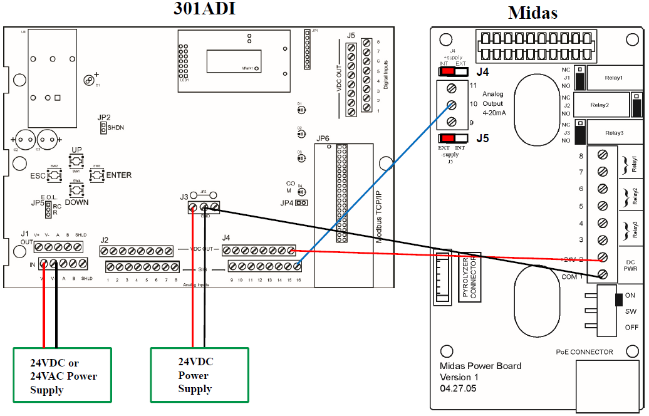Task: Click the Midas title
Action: coord(532,13)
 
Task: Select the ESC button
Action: coord(54,175)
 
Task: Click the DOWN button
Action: coord(76,190)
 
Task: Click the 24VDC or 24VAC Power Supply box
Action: coord(63,375)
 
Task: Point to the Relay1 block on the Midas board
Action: coord(613,78)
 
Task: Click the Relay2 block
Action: coord(600,105)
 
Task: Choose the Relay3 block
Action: coord(613,132)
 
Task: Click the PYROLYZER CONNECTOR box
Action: coord(470,278)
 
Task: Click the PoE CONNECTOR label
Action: coord(584,352)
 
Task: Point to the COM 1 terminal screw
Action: coord(603,274)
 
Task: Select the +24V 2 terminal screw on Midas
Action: coord(603,257)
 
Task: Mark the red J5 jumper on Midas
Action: coord(449,138)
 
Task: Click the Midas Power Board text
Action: coord(480,366)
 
